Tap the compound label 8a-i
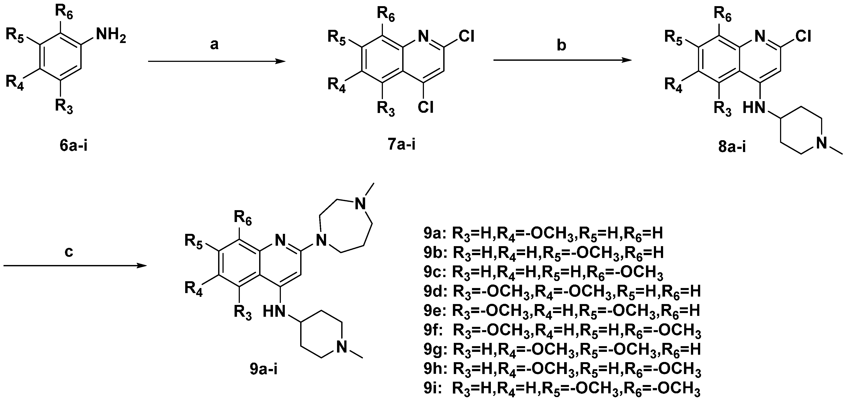732,147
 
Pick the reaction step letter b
561,45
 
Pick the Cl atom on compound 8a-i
802,37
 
